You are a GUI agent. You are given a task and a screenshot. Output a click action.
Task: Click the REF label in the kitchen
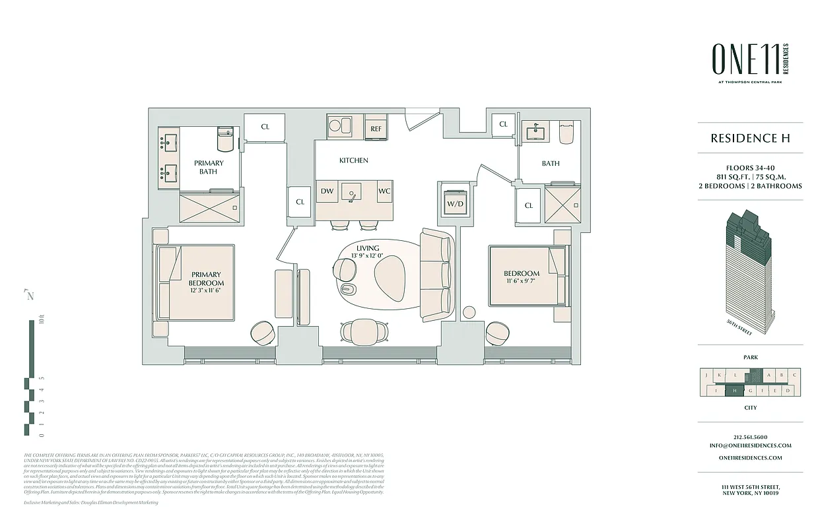tap(376, 129)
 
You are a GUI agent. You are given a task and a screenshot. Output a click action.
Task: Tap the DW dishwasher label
tap(327, 191)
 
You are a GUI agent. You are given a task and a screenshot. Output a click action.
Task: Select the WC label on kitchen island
tap(384, 191)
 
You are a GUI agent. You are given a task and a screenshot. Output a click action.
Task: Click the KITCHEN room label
tap(354, 160)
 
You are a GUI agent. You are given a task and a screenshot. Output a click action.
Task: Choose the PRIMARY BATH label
tap(209, 167)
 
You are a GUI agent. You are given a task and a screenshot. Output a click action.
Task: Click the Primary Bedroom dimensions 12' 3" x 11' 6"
tap(205, 290)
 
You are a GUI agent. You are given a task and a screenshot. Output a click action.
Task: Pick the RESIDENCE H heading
tap(750, 139)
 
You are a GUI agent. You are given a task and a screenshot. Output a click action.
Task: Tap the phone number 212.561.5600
tap(751, 437)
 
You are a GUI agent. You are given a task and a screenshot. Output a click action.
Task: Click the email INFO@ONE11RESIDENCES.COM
tap(751, 445)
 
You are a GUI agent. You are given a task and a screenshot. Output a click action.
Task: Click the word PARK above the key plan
tap(751, 357)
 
